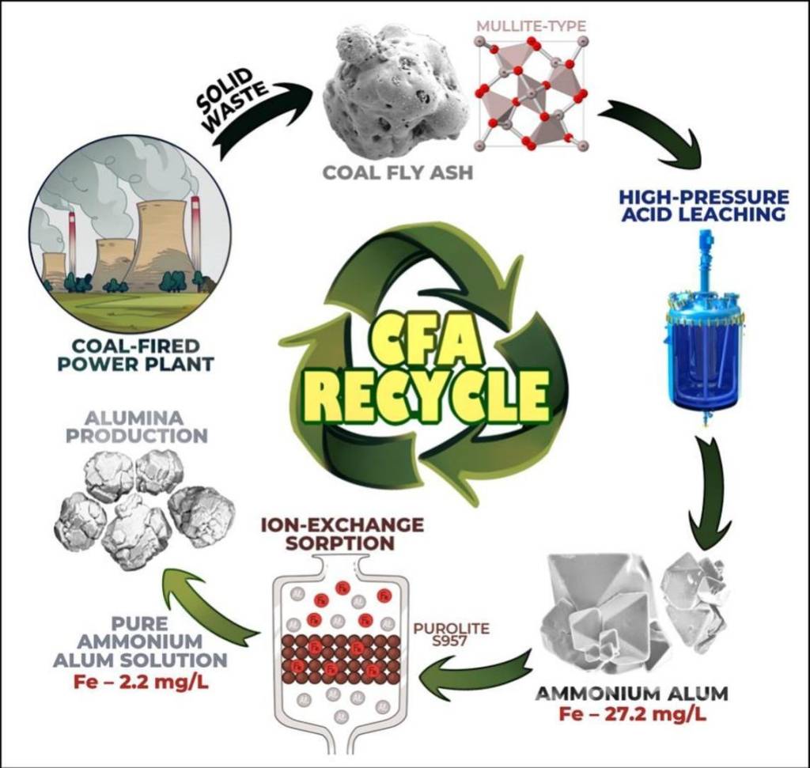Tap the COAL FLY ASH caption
point(397,172)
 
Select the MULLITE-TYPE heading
point(531,27)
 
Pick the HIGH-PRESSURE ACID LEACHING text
point(703,206)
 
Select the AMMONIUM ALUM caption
point(631,694)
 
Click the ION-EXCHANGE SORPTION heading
point(343,534)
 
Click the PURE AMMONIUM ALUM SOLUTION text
point(140,641)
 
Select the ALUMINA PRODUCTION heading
point(136,426)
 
